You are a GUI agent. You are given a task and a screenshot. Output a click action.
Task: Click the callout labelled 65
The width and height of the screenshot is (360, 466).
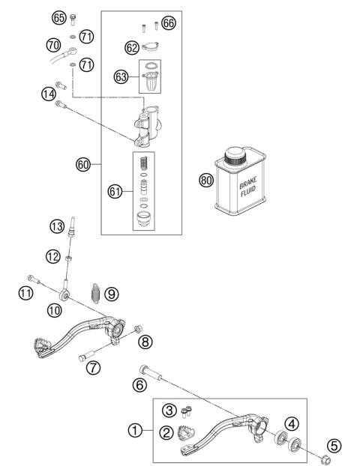click(x=58, y=17)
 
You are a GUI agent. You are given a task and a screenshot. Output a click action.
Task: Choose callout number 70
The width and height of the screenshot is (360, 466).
click(x=53, y=46)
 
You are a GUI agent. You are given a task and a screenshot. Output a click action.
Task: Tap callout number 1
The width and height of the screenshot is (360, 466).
click(x=135, y=431)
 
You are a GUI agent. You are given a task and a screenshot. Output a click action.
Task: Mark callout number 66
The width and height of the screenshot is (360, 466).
click(x=168, y=23)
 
